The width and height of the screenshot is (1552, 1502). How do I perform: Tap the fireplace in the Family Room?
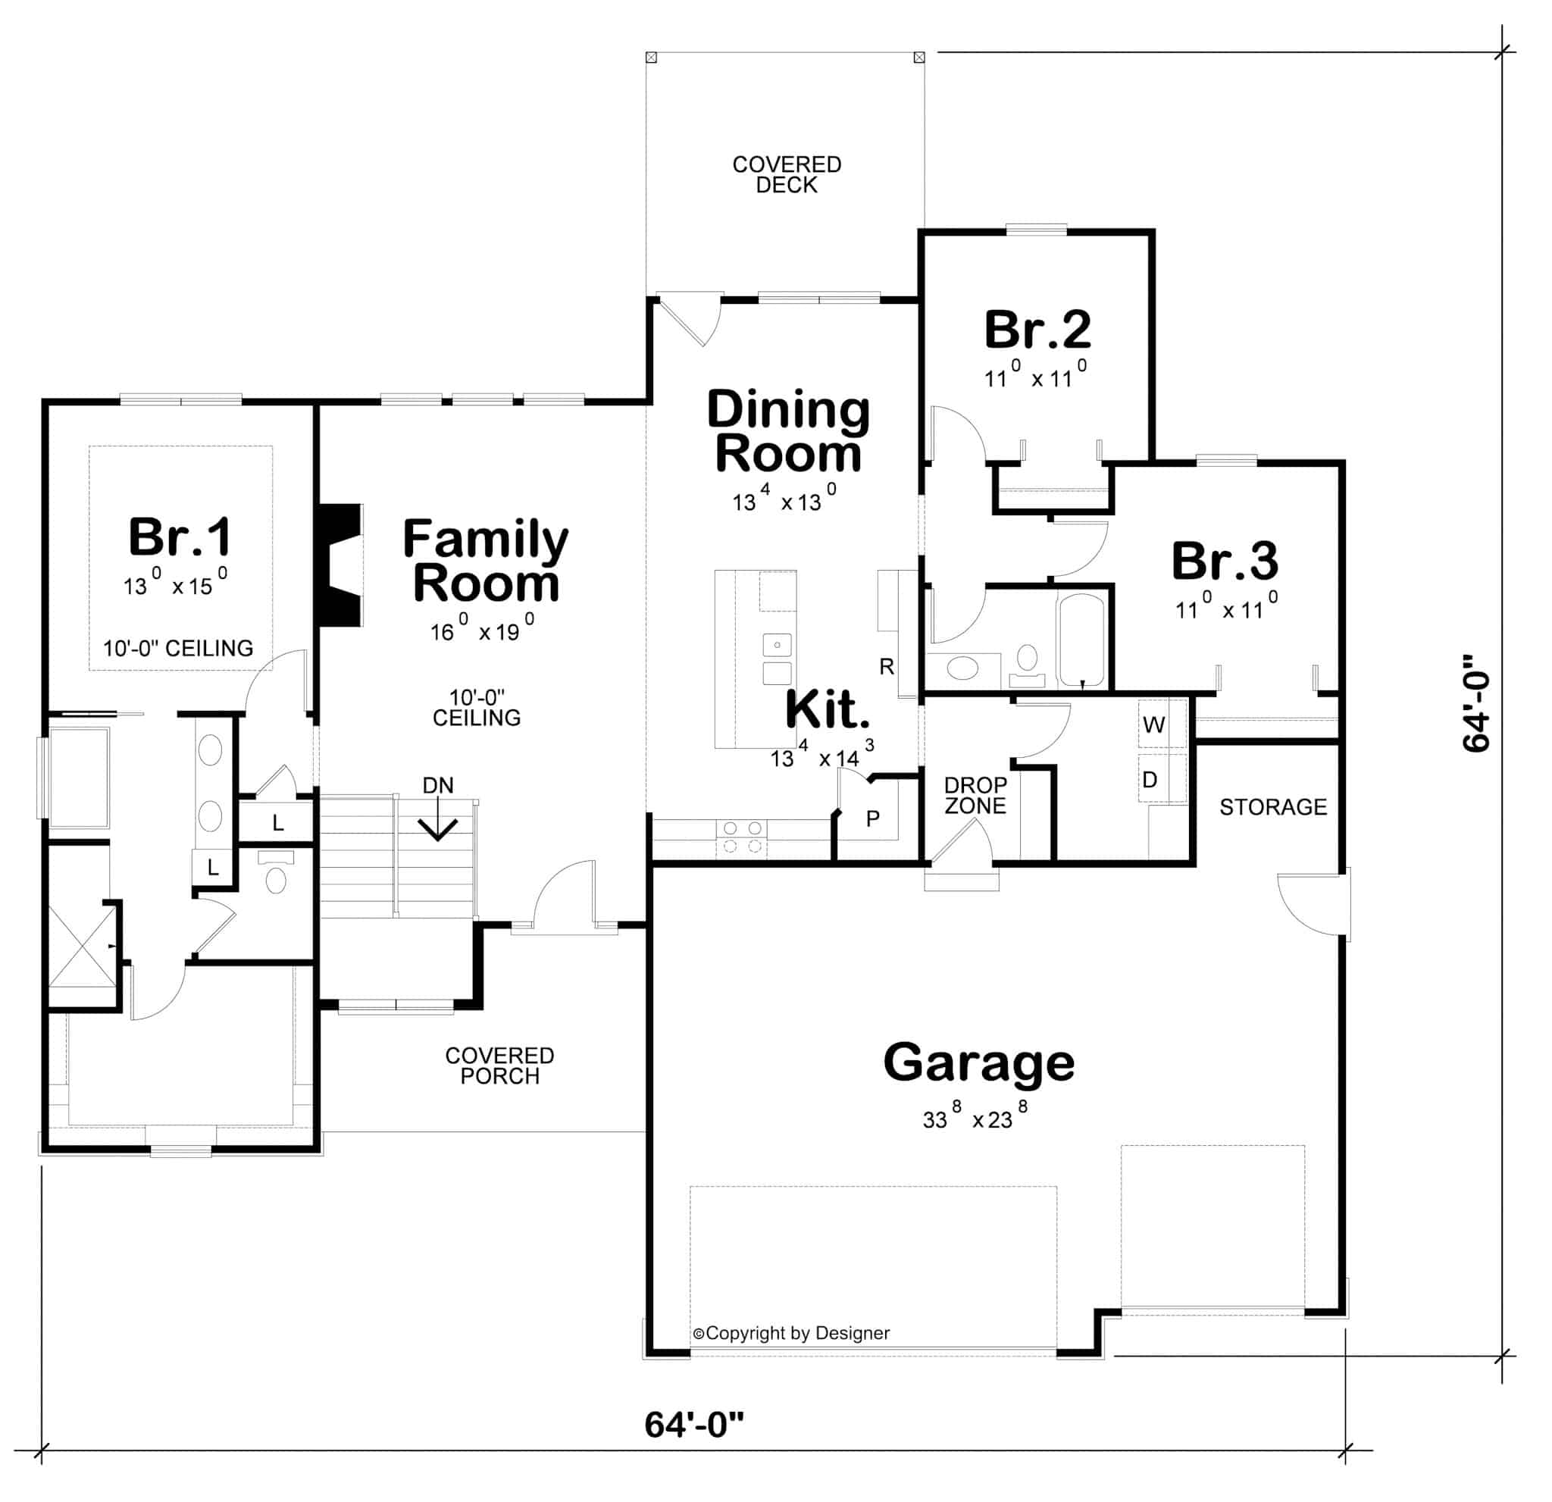339,565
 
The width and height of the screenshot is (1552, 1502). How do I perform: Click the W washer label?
1153,724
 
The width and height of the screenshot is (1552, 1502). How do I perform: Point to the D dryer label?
1150,780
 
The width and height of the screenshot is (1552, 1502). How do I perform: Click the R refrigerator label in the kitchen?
887,667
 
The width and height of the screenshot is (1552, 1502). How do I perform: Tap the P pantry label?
872,818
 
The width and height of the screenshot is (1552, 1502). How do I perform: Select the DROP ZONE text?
975,795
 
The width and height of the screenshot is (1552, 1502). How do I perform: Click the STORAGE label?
1272,807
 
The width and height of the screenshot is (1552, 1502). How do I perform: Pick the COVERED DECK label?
787,174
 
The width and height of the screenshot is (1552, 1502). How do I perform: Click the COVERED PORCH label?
499,1065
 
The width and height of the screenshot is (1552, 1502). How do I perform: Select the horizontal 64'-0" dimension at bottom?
693,1425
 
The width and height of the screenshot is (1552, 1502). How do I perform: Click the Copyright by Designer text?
791,1333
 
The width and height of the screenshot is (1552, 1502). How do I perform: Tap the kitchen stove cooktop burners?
742,837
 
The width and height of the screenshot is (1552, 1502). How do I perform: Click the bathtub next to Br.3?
1081,640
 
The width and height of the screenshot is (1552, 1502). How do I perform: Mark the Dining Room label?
788,431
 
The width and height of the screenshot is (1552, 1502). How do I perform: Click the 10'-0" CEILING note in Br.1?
178,649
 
